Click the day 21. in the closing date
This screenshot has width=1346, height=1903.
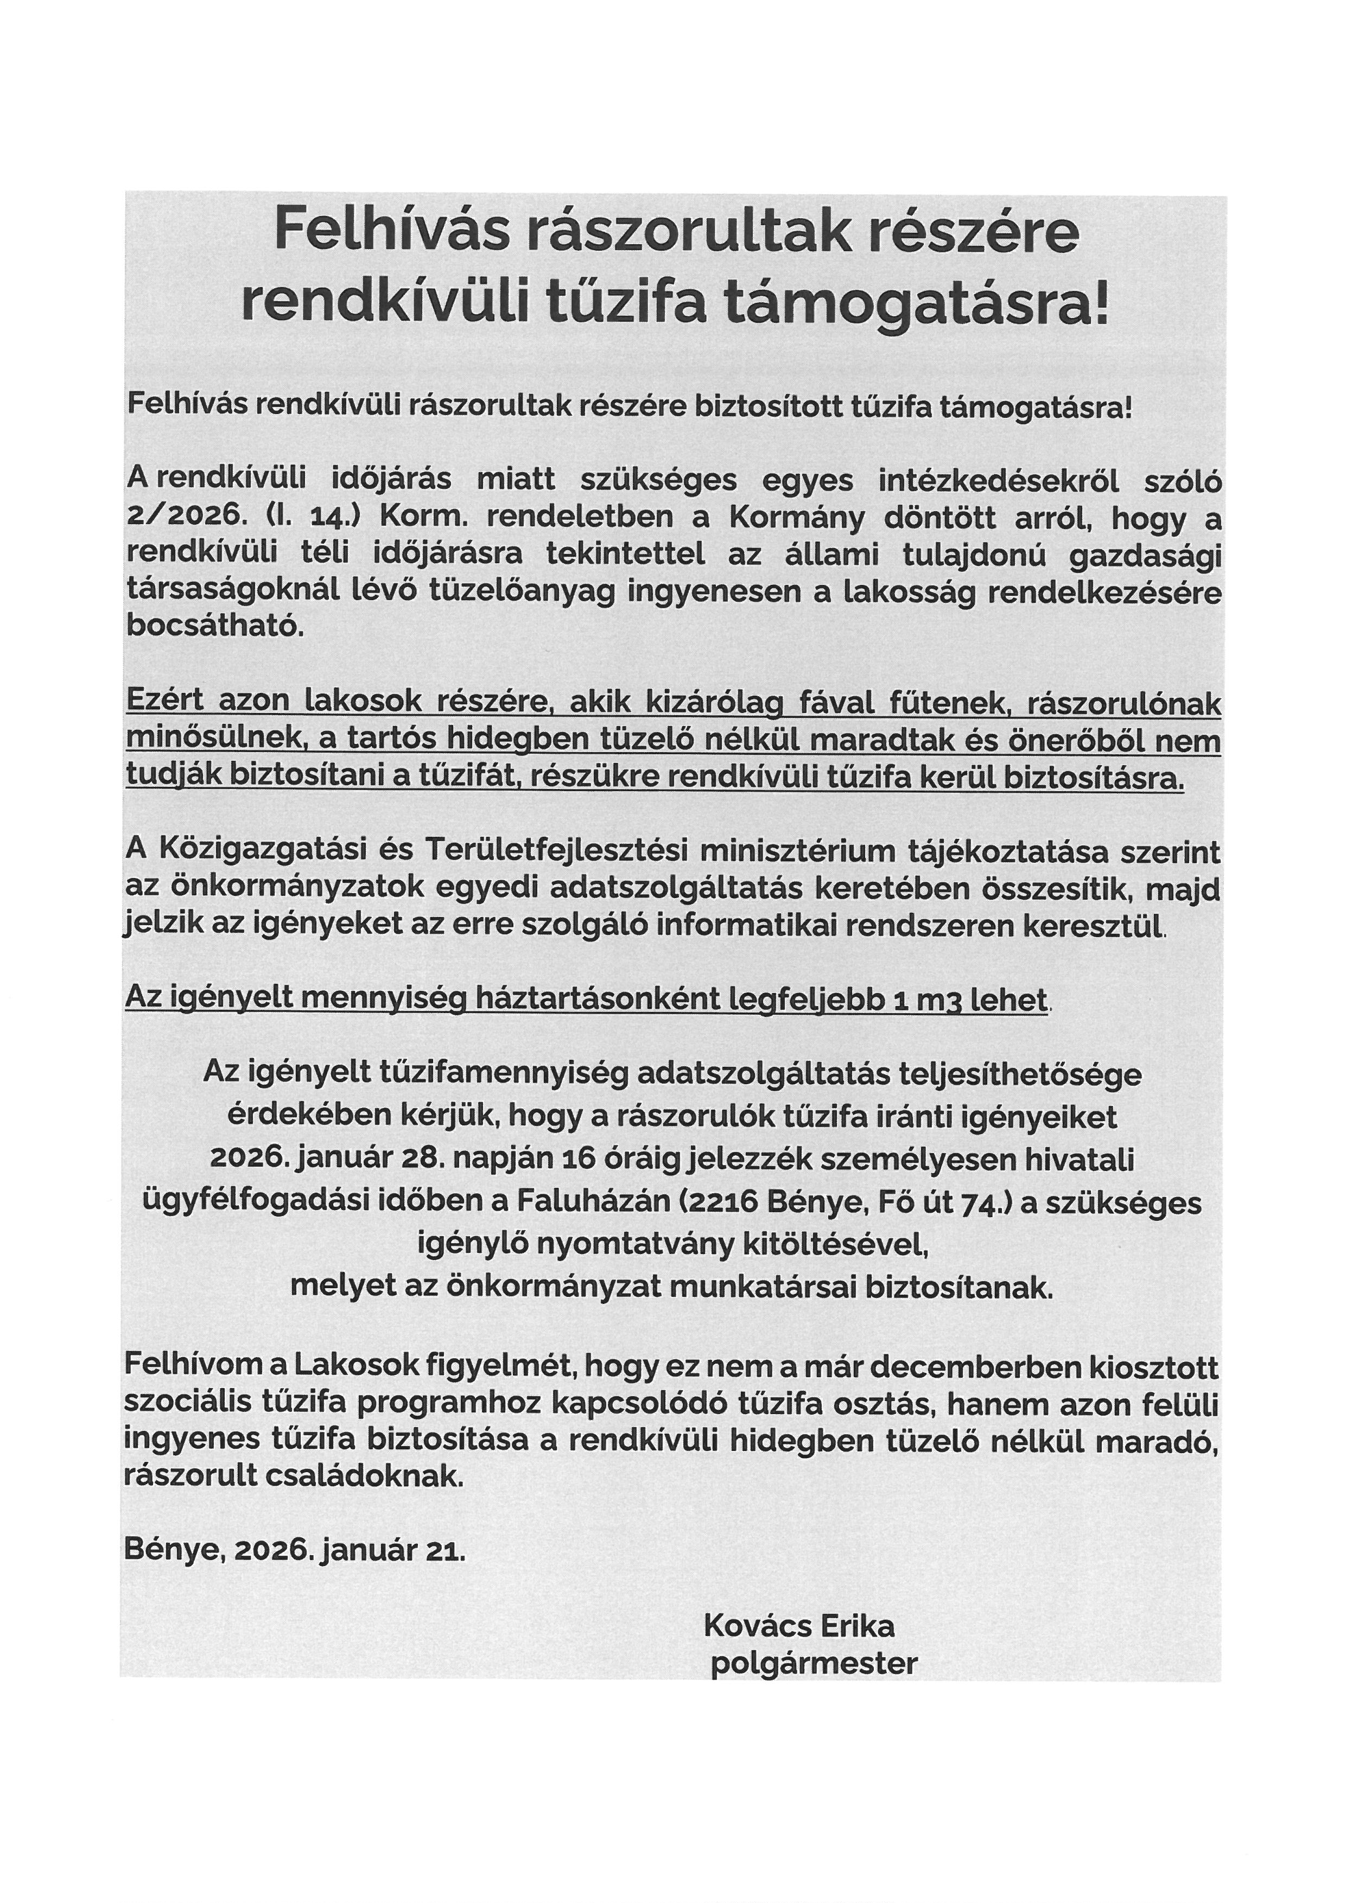pos(448,1551)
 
